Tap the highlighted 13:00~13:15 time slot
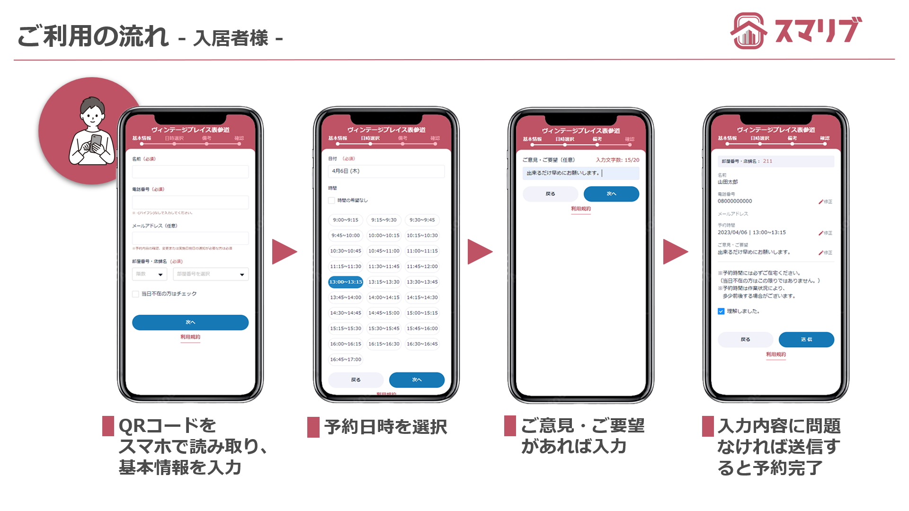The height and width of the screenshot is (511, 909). tap(346, 282)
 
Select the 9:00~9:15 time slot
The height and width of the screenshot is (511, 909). tap(346, 220)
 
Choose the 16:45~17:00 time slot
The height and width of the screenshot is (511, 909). tap(346, 360)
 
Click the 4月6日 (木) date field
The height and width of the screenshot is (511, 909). tap(386, 171)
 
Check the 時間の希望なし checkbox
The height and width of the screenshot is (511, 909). tap(332, 201)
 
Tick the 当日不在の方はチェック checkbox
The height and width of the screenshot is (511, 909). tap(136, 294)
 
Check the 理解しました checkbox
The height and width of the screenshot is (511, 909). tap(721, 311)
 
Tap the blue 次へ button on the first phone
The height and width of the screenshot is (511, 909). tap(190, 322)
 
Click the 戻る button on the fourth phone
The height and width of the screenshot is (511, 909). tap(745, 340)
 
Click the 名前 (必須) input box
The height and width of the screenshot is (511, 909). tap(190, 172)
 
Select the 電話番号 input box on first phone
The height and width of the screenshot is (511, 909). tap(190, 202)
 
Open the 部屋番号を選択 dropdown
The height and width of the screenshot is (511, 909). tap(211, 274)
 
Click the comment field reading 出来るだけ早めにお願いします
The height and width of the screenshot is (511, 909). tap(580, 173)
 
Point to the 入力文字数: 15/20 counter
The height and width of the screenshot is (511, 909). tap(617, 160)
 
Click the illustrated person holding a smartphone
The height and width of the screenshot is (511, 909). tap(92, 132)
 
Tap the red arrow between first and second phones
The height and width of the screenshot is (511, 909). tap(284, 252)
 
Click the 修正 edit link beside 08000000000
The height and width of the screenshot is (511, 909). tap(825, 202)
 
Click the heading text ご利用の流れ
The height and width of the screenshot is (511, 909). tap(93, 36)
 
